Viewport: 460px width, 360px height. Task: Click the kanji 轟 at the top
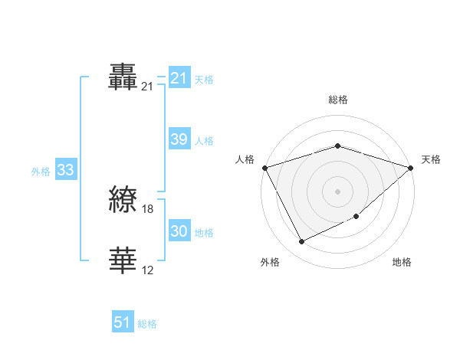[x=123, y=77]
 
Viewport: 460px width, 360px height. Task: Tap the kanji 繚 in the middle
[x=123, y=201]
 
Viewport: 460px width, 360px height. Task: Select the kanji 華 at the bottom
[x=123, y=260]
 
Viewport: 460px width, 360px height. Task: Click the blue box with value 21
[x=179, y=78]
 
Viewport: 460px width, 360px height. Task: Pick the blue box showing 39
[x=179, y=139]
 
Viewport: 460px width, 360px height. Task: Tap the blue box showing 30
[x=179, y=231]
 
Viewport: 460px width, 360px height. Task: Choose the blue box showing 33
[x=65, y=170]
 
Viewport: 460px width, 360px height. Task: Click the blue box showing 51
[x=123, y=322]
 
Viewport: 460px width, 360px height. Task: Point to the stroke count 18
[x=148, y=209]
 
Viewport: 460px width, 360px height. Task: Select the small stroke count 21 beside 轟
[x=148, y=87]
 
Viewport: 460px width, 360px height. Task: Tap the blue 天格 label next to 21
[x=204, y=80]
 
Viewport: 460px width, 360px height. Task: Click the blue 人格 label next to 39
[x=204, y=141]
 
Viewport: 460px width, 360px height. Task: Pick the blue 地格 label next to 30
[x=204, y=233]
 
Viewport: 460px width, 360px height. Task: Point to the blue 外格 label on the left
[x=41, y=172]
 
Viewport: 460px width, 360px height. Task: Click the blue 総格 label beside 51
[x=147, y=324]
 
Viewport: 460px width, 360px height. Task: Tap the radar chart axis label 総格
[x=337, y=100]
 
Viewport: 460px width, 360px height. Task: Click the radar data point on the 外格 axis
[x=302, y=242]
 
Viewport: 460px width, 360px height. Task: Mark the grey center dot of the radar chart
[x=337, y=191]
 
